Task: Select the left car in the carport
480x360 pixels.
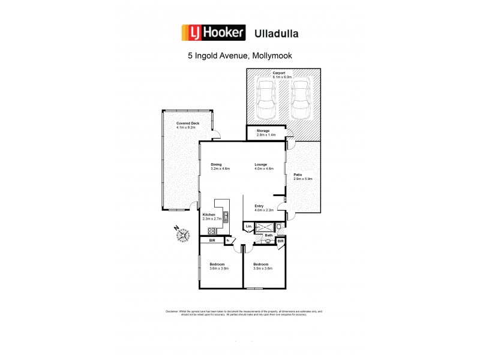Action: [x=266, y=100]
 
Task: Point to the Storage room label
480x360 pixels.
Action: [x=263, y=130]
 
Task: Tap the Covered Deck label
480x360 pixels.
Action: [x=187, y=123]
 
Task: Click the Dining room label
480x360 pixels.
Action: [x=216, y=164]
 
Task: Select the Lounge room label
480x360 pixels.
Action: [x=260, y=164]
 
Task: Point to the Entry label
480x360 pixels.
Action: [x=259, y=206]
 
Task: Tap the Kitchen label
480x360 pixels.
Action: [x=208, y=214]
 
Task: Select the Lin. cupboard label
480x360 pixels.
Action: [x=248, y=226]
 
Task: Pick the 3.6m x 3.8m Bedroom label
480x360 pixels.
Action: [x=217, y=265]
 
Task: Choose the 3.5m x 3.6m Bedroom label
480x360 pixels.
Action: [x=260, y=265]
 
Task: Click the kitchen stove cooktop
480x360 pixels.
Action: [x=212, y=231]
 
